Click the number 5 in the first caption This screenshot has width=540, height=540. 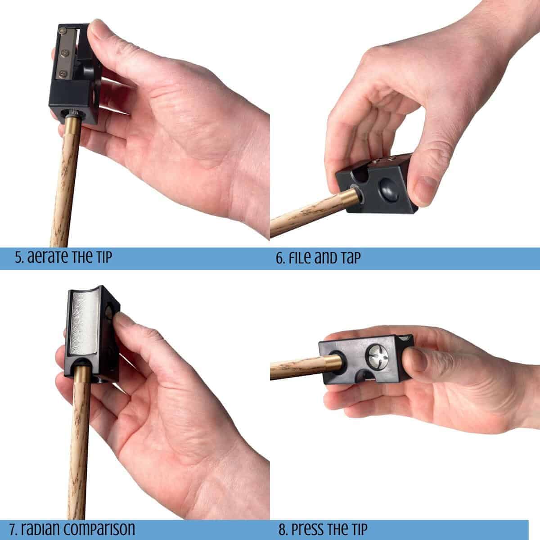pyautogui.click(x=19, y=257)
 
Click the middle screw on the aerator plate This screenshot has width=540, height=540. pyautogui.click(x=65, y=52)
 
